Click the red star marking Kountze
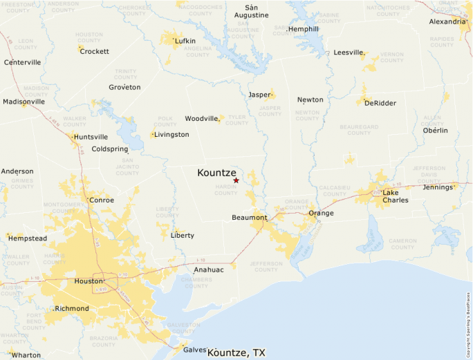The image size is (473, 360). click(x=236, y=180)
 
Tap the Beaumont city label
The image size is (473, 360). click(x=249, y=218)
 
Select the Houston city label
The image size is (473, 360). click(x=88, y=281)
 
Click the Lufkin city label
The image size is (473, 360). click(x=185, y=41)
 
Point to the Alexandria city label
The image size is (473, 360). click(x=447, y=21)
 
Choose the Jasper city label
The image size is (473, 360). click(x=259, y=95)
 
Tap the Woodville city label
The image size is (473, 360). click(x=201, y=119)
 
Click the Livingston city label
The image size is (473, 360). click(x=171, y=135)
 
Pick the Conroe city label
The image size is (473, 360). click(x=102, y=200)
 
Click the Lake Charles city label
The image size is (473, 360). click(x=396, y=196)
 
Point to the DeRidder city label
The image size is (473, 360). click(x=380, y=102)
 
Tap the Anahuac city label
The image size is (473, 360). click(x=208, y=269)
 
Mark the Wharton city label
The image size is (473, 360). click(x=26, y=355)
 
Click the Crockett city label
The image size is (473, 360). click(x=94, y=51)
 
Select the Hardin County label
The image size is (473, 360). click(x=225, y=190)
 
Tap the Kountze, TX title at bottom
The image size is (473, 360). click(x=236, y=352)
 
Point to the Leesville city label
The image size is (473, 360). click(x=348, y=53)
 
